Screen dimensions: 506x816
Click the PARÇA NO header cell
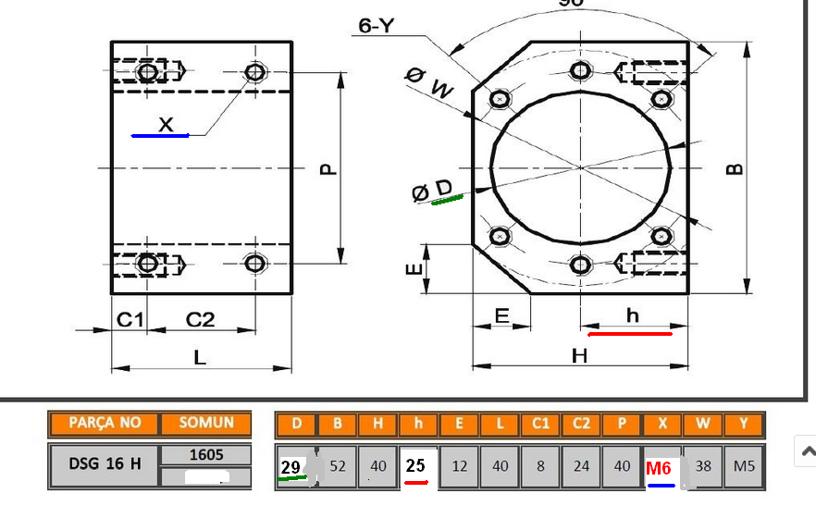(x=105, y=424)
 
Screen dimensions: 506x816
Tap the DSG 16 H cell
(x=105, y=464)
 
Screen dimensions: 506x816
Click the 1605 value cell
(x=205, y=455)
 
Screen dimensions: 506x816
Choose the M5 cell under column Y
(x=744, y=466)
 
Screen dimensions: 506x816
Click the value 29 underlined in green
(x=291, y=466)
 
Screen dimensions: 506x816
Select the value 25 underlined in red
(x=416, y=465)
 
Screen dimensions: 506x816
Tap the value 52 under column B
(x=338, y=466)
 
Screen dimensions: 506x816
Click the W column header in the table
(x=703, y=425)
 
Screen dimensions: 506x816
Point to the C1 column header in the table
(x=540, y=425)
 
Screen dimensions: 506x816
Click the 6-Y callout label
(x=377, y=26)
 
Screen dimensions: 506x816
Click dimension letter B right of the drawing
(x=735, y=169)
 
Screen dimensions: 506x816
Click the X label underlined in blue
(x=166, y=124)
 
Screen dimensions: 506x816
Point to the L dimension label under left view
(x=200, y=357)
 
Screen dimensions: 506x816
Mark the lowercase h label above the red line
(x=633, y=316)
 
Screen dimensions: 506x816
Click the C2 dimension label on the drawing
(x=200, y=319)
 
